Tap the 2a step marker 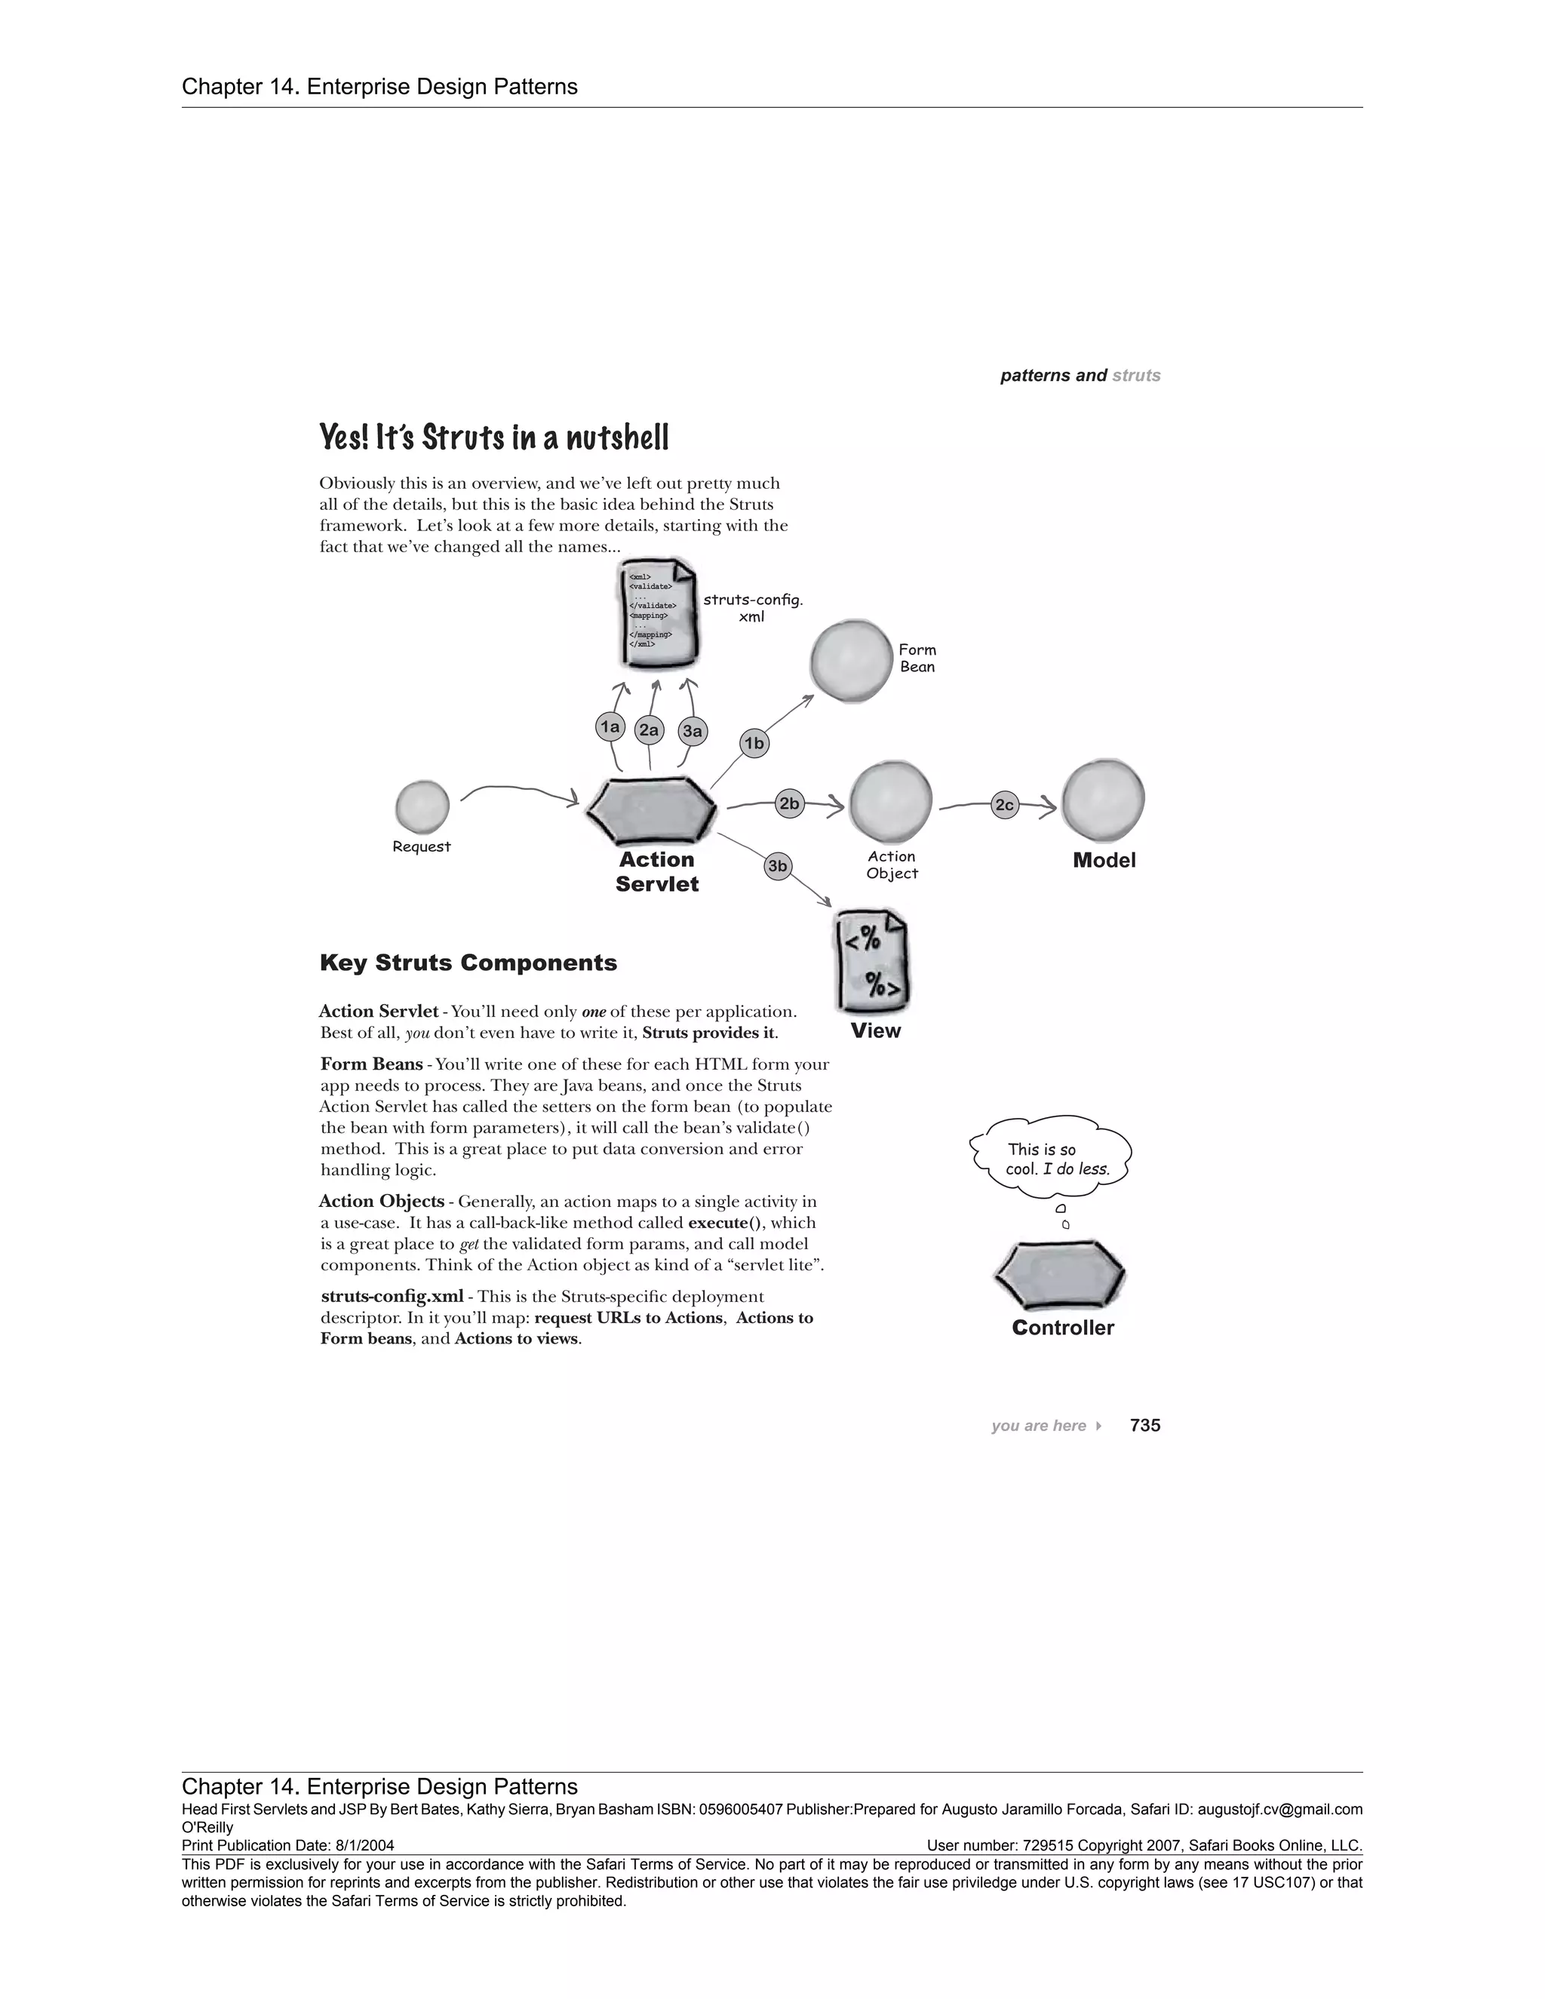[649, 729]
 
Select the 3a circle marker [693, 731]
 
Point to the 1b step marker [754, 743]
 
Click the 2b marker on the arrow [788, 803]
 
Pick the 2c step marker [1005, 805]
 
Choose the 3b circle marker [777, 866]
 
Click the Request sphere [422, 806]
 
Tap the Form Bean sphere [851, 661]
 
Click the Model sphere [1103, 801]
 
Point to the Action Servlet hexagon [651, 809]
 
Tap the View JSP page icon [872, 962]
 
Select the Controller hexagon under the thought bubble [1060, 1274]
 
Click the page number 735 [1145, 1425]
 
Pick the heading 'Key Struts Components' [468, 963]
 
